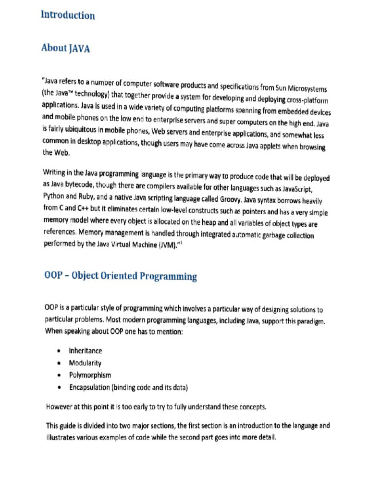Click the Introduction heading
[68, 15]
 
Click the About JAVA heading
[65, 48]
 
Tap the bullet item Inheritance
[85, 351]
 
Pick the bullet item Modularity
[85, 363]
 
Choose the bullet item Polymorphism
[89, 375]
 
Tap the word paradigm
[309, 321]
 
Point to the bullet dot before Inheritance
[58, 351]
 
